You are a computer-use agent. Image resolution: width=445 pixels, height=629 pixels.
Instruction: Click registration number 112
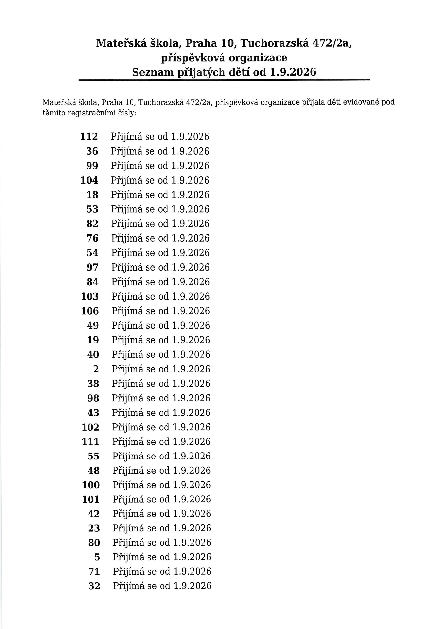point(89,136)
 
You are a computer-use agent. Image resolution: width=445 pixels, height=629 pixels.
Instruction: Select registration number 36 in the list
point(92,151)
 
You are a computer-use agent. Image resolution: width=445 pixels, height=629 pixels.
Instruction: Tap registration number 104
point(89,180)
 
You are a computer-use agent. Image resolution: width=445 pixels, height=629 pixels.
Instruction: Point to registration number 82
point(92,224)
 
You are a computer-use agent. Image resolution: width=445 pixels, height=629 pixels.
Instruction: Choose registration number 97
point(93,267)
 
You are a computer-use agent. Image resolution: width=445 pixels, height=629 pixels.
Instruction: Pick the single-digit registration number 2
point(96,369)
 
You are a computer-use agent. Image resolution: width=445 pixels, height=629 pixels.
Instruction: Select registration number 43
point(93,413)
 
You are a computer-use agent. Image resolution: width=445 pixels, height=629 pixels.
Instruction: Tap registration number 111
point(90,442)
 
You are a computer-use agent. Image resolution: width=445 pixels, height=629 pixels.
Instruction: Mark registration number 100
point(91,485)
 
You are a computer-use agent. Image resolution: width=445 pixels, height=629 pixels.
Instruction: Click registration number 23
point(94,528)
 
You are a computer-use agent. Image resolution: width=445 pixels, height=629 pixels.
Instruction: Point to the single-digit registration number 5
point(97,557)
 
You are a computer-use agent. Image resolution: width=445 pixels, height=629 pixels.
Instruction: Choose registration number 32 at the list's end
point(94,586)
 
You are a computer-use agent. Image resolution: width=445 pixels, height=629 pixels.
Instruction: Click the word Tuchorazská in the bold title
point(274,43)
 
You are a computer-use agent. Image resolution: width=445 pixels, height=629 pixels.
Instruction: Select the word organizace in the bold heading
point(258,58)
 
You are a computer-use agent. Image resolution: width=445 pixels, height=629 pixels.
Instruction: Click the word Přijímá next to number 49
point(127,326)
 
